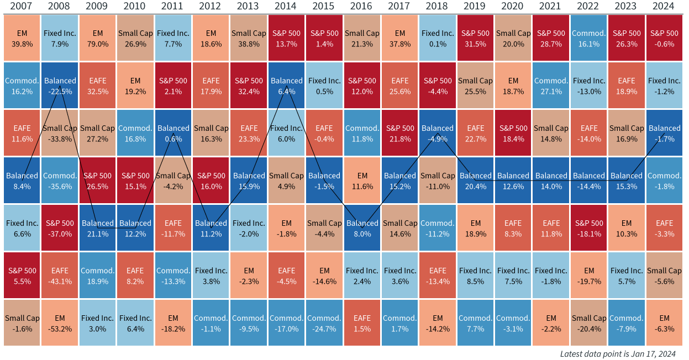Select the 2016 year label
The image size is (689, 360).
pos(362,6)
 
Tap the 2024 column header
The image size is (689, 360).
pos(664,6)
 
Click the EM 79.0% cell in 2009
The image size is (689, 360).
pos(98,38)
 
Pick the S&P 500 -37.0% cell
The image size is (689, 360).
pos(60,228)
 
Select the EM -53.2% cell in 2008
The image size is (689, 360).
pos(60,323)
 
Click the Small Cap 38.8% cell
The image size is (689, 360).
pos(249,38)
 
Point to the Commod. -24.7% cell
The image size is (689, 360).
pos(324,323)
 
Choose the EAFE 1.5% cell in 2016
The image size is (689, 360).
pos(362,323)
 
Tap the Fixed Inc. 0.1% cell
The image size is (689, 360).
pos(438,38)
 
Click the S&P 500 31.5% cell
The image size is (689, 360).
pos(475,38)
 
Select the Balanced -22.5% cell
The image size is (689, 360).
pos(60,86)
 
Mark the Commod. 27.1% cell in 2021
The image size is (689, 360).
pos(551,86)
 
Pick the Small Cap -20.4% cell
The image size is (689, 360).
pos(588,323)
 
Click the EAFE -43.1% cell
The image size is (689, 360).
pos(60,276)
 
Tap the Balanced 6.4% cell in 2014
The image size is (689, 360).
pos(286,86)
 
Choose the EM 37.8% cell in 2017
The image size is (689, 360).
pos(400,38)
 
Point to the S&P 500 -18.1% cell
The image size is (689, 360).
pos(588,228)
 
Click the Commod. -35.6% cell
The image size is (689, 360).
pos(60,181)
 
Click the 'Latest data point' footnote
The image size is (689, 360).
pos(617,353)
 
